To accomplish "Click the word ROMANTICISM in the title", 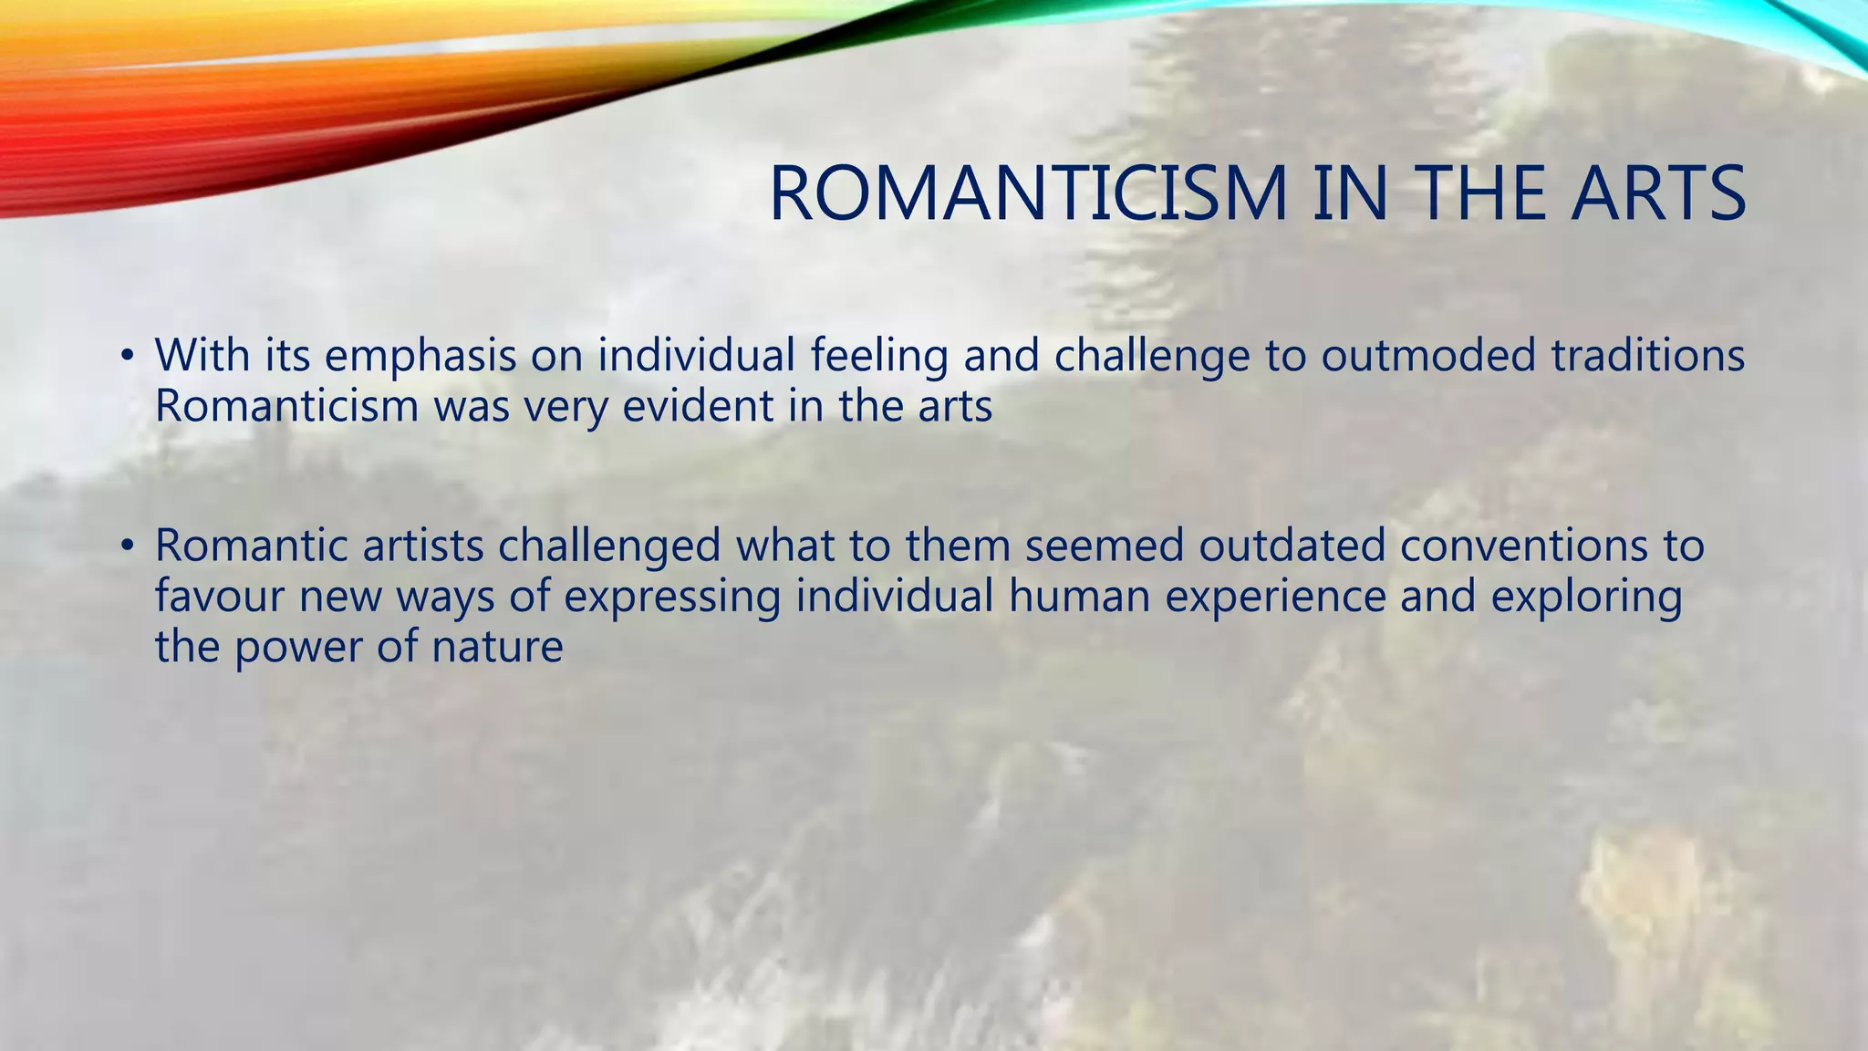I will click(x=1028, y=193).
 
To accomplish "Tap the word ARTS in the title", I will click(x=1657, y=193).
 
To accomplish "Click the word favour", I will click(x=219, y=597).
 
